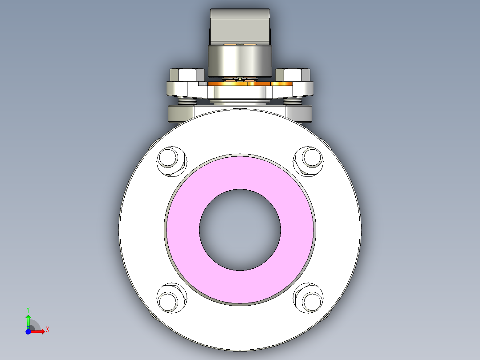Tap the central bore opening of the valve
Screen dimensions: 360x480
click(x=240, y=229)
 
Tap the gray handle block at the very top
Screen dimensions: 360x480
click(x=240, y=26)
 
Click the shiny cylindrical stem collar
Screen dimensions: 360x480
click(x=240, y=61)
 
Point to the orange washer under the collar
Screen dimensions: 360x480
click(x=281, y=83)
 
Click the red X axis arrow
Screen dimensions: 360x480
click(x=38, y=331)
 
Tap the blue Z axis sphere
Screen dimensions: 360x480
click(x=28, y=331)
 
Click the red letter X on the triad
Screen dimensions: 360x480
click(x=48, y=330)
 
